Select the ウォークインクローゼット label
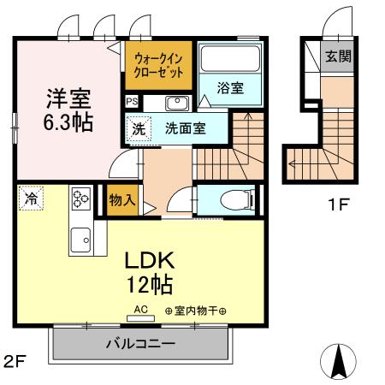tap(157, 66)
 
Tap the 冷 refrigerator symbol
tap(30, 198)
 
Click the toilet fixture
tap(234, 200)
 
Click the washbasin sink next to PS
tap(176, 104)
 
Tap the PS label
tap(131, 102)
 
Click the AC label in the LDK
tap(139, 310)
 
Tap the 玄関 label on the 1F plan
tap(335, 58)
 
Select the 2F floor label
tap(15, 361)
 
